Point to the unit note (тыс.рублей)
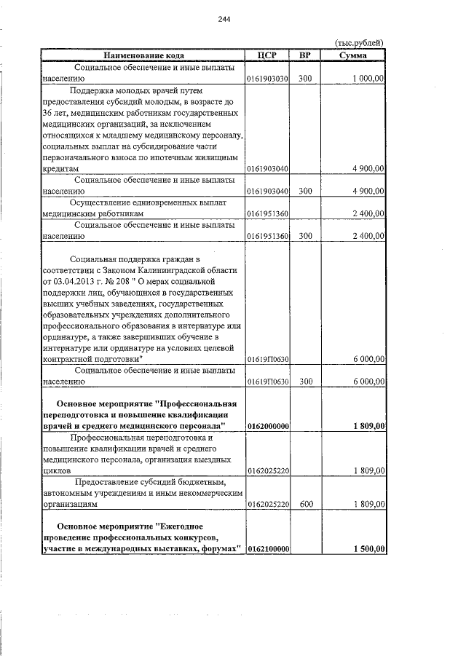pyautogui.click(x=360, y=43)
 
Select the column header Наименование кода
pyautogui.click(x=138, y=55)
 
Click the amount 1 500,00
pyautogui.click(x=367, y=548)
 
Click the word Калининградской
pyautogui.click(x=186, y=269)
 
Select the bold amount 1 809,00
pyautogui.click(x=367, y=426)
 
